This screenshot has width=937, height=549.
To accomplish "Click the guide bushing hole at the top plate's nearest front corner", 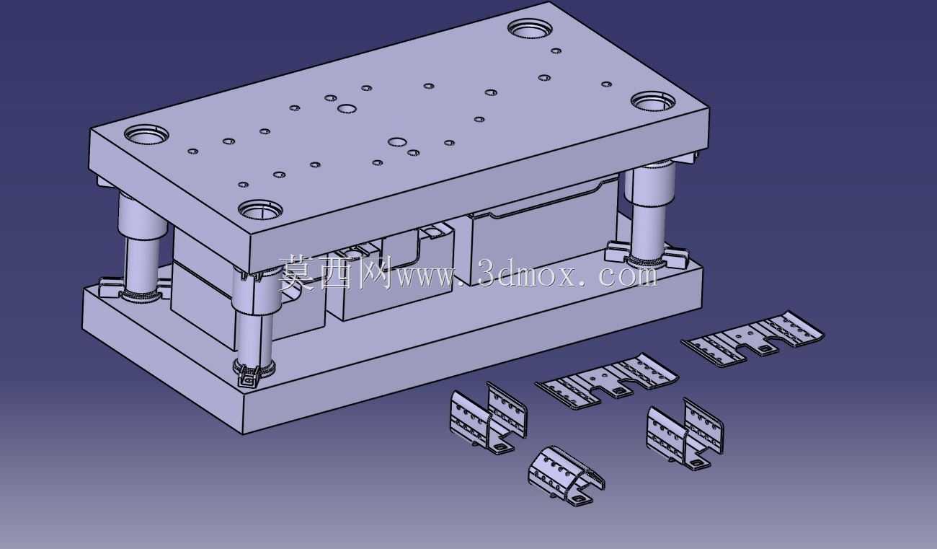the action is pos(260,209).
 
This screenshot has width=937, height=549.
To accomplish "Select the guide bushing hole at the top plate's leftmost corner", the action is pos(146,134).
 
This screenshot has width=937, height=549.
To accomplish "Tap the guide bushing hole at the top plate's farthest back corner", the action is pos(530,28).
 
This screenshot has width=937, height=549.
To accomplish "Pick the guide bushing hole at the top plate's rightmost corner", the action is pos(653,102).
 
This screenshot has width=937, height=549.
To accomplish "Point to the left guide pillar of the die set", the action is pos(141,247).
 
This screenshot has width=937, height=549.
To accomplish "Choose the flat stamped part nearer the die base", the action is pos(608,381).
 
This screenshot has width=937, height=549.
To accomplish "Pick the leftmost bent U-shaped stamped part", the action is pos(489,418).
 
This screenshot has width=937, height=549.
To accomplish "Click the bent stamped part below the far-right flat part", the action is pos(685,434).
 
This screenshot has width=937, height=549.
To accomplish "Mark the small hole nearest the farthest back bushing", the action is pos(556,51).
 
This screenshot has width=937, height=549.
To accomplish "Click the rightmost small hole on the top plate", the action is pos(607,84).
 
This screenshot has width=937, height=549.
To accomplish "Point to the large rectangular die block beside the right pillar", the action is pos(543,234).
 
